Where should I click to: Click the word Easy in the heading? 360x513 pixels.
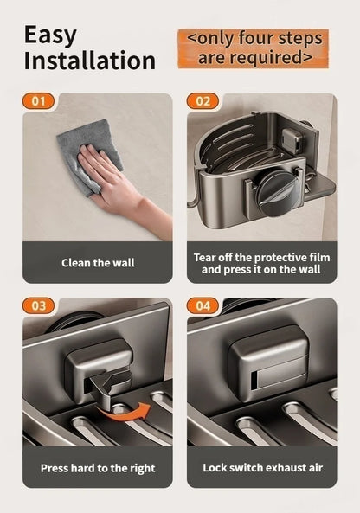coord(50,35)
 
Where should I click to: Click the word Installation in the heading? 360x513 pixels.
coord(89,61)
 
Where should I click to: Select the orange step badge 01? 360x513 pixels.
coord(38,101)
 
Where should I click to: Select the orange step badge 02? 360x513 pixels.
coord(203,101)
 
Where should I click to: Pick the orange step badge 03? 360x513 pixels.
coord(38,306)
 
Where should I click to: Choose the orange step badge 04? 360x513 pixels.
coord(203,306)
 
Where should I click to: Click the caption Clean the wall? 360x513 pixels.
coord(97,262)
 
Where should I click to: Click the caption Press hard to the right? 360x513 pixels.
coord(97,468)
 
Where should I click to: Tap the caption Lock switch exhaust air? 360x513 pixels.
coord(262,468)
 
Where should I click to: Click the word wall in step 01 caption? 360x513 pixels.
coord(124,262)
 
